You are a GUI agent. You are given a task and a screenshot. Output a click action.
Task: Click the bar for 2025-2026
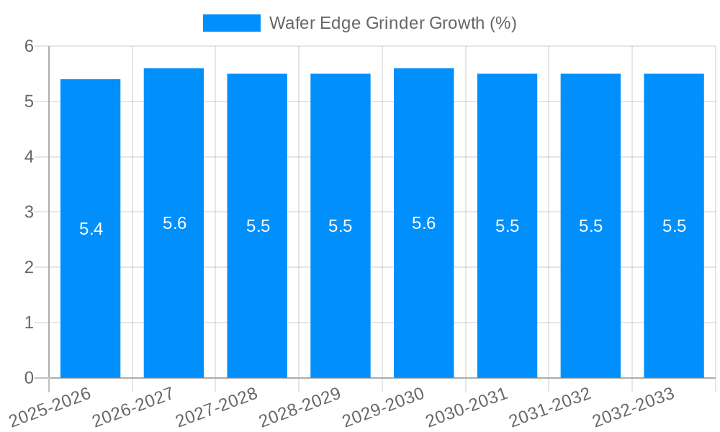(x=90, y=288)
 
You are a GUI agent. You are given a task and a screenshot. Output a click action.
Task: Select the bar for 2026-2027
(x=174, y=288)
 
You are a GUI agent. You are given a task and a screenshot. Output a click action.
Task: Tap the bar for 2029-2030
(x=423, y=288)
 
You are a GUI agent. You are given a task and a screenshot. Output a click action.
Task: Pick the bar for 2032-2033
(x=674, y=288)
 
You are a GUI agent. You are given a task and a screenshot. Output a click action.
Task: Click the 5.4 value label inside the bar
(x=91, y=230)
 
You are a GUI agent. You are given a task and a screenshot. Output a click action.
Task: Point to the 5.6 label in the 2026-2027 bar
(x=174, y=223)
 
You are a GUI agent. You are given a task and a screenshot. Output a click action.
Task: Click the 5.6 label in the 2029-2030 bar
(x=423, y=223)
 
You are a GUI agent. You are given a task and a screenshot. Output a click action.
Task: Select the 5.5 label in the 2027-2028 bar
(x=258, y=226)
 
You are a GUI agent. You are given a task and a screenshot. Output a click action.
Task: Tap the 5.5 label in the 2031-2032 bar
(x=590, y=226)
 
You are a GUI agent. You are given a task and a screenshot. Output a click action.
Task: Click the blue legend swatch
(x=231, y=23)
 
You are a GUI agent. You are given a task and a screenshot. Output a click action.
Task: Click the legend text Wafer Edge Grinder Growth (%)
(x=392, y=23)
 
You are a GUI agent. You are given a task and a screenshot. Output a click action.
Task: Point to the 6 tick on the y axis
(x=29, y=46)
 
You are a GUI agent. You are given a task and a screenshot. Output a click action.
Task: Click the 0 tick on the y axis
(x=29, y=378)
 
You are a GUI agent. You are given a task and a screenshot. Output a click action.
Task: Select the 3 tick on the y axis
(x=29, y=212)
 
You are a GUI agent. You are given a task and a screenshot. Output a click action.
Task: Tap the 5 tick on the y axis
(x=29, y=102)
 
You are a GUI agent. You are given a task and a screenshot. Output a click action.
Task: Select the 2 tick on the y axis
(x=29, y=267)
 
